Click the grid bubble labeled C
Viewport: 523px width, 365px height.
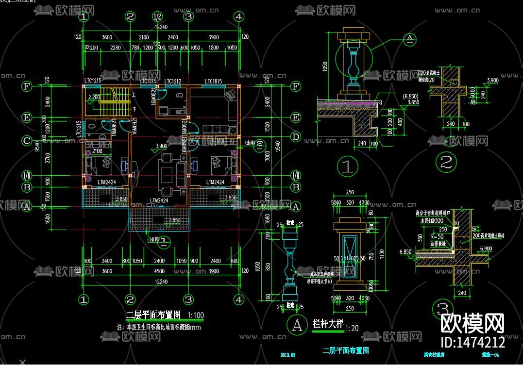pyautogui.click(x=27, y=141)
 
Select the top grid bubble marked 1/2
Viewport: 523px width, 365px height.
pyautogui.click(x=157, y=17)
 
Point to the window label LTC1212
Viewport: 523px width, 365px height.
pyautogui.click(x=173, y=81)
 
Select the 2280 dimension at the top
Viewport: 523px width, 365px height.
pyautogui.click(x=115, y=48)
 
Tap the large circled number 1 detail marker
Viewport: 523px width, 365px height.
pyautogui.click(x=347, y=166)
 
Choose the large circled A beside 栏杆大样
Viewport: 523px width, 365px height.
pyautogui.click(x=296, y=324)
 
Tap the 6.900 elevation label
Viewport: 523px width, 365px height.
pyautogui.click(x=486, y=249)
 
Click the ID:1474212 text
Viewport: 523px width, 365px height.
pyautogui.click(x=472, y=342)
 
